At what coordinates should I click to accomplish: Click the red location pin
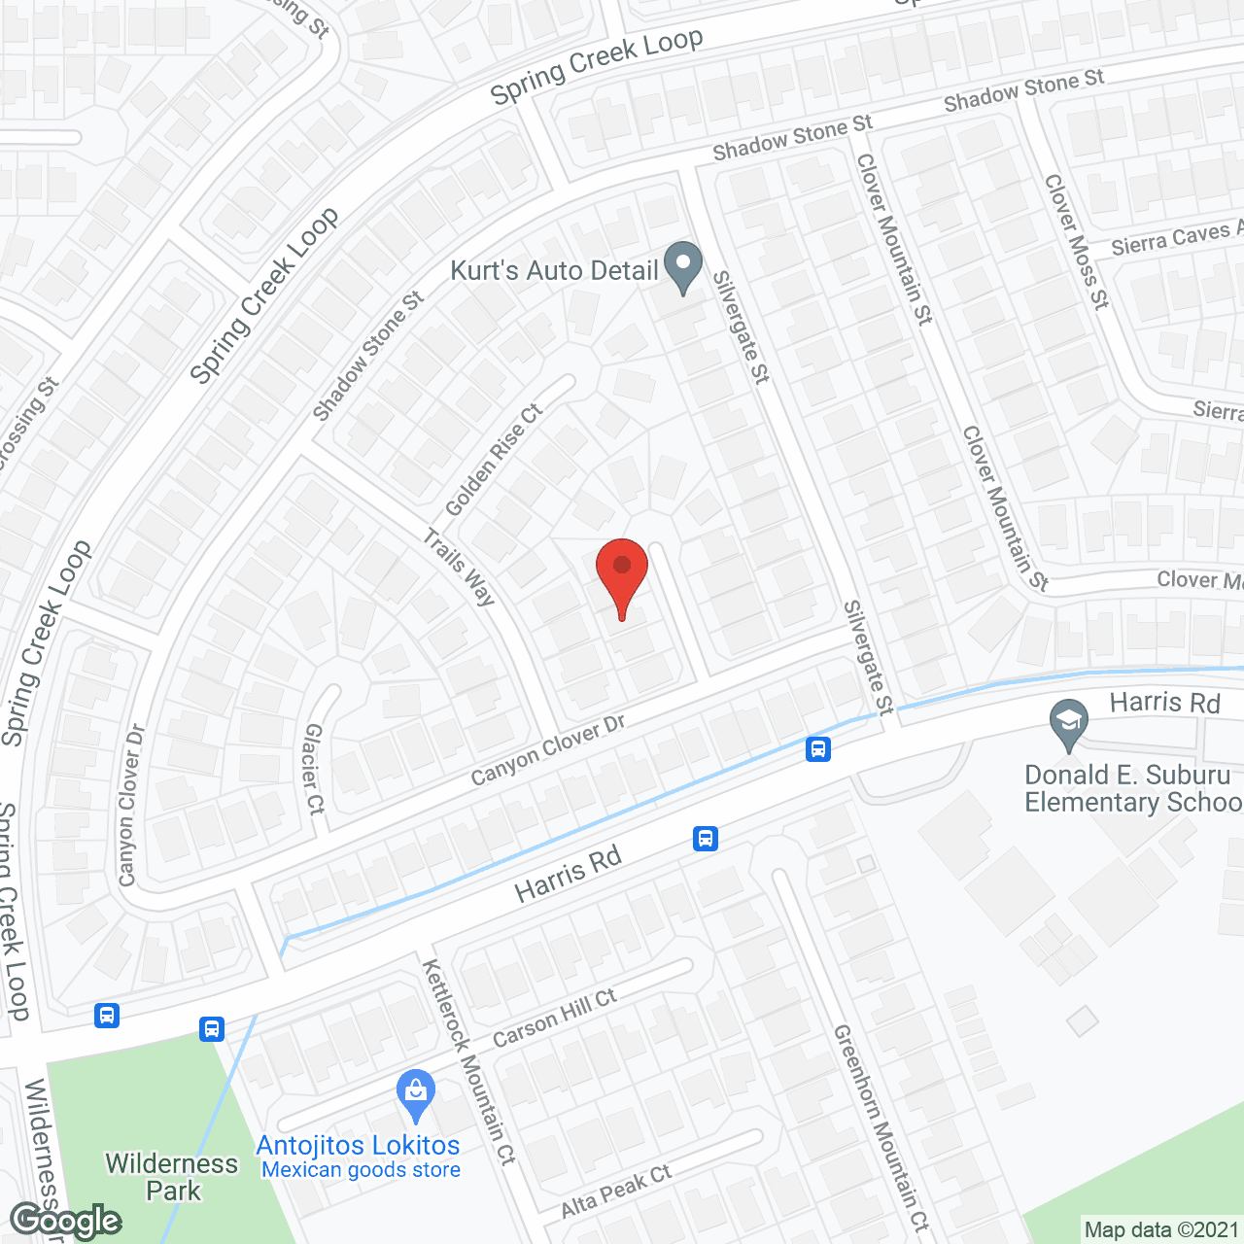[621, 572]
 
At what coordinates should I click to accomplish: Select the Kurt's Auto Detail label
[554, 270]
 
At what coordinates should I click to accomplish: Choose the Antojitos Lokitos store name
[358, 1146]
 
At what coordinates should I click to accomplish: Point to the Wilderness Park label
[172, 1177]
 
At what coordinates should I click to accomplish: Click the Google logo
[65, 1221]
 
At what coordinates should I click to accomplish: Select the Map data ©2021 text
[1161, 1230]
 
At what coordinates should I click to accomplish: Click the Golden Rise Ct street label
[494, 460]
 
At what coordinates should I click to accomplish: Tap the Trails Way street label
[460, 567]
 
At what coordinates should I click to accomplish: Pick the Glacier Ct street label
[313, 768]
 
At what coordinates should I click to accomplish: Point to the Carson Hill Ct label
[554, 1018]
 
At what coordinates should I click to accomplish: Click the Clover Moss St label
[1076, 241]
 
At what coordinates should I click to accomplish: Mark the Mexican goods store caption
[361, 1170]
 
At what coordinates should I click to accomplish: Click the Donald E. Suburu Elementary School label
[1132, 788]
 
